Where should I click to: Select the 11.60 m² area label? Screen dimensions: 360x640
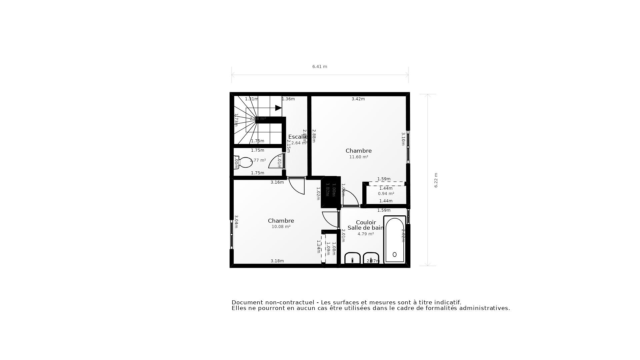click(x=359, y=157)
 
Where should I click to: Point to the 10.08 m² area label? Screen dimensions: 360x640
click(x=281, y=227)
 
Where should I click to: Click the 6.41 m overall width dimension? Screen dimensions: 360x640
click(x=320, y=67)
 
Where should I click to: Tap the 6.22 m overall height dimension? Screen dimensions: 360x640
click(x=436, y=180)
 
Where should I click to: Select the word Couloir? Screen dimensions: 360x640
click(x=366, y=222)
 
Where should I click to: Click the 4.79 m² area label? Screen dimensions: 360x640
click(x=366, y=234)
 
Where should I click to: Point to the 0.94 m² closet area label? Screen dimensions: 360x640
click(x=386, y=194)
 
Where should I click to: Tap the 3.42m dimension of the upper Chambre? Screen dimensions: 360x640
click(x=358, y=99)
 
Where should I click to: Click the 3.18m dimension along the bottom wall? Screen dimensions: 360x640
click(x=277, y=261)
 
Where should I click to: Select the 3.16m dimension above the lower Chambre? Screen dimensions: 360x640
click(x=277, y=182)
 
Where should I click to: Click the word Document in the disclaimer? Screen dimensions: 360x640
click(x=246, y=303)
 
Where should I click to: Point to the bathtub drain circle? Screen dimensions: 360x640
click(x=395, y=255)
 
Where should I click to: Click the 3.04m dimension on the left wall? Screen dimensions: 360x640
click(x=236, y=222)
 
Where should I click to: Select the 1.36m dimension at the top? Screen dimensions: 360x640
click(x=288, y=99)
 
